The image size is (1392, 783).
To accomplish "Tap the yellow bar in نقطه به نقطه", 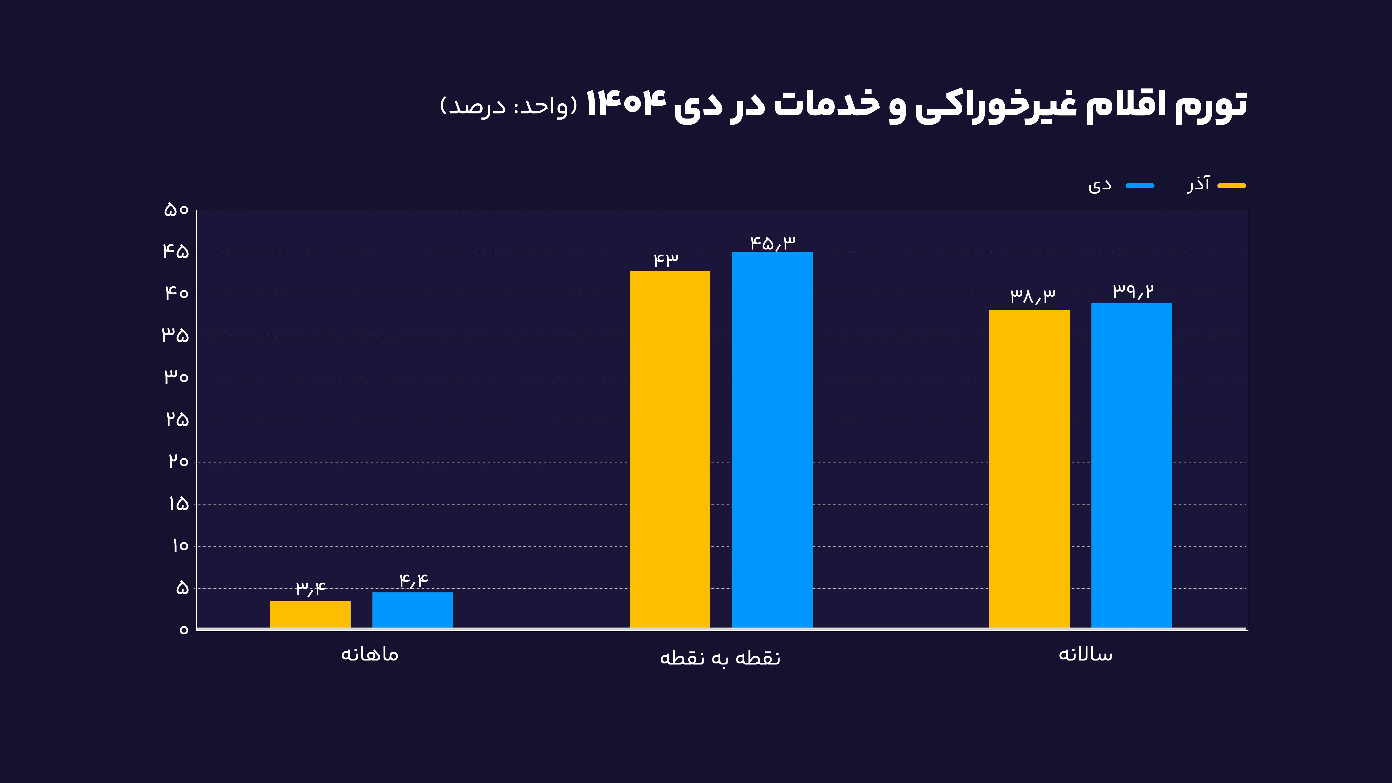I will pos(670,449).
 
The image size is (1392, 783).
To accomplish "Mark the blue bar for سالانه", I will pos(1132,465).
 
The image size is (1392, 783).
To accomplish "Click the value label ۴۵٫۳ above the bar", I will pos(773,243).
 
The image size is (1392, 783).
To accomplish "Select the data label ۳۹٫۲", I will pos(1133,291).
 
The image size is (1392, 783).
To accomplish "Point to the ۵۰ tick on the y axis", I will pos(176,210).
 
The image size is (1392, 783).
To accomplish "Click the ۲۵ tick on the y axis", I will pos(177,419).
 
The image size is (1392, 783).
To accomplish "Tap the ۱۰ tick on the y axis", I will pos(180,546).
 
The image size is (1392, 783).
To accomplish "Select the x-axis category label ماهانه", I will pos(370,654).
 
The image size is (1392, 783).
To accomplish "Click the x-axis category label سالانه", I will pos(1085,654).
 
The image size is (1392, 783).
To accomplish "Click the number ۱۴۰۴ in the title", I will pos(626,104).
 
